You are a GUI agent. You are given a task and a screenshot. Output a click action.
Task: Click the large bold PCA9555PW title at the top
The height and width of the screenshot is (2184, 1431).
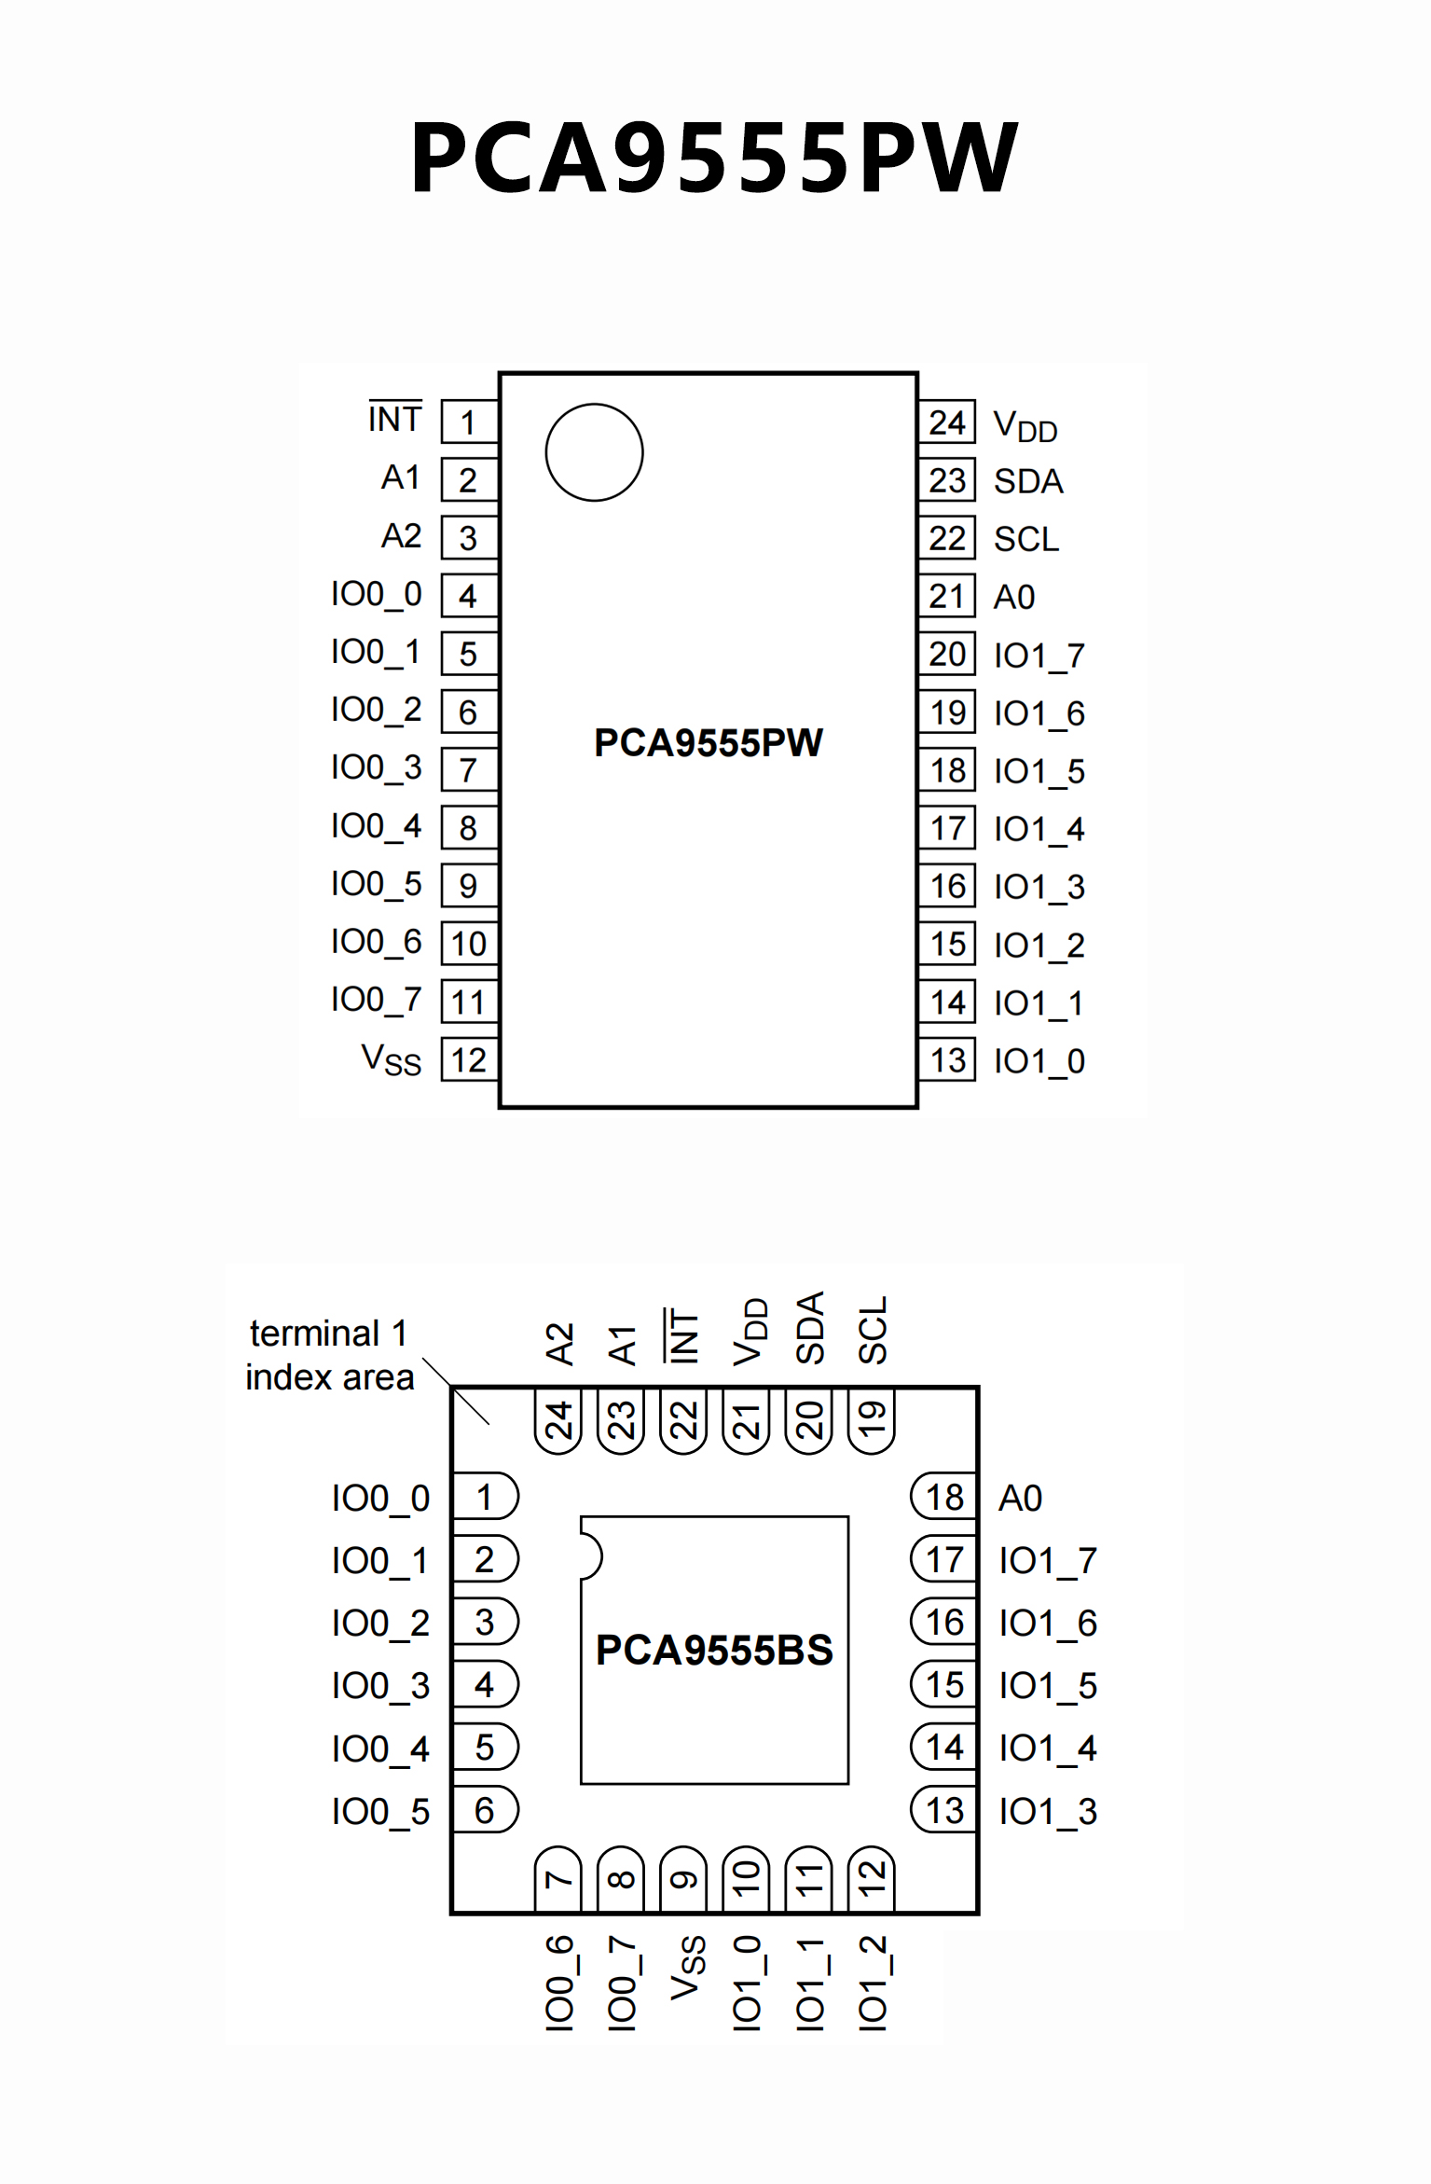click(714, 157)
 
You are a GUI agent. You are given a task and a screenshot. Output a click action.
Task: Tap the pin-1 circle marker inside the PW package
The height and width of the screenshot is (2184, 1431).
click(594, 452)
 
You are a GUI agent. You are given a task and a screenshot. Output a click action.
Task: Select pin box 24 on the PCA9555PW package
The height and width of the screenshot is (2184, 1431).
click(947, 422)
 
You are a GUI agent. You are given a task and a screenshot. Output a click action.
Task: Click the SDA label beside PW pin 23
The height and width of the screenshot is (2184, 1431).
click(1028, 481)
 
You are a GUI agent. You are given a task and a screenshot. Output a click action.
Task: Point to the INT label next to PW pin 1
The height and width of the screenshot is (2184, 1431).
click(395, 419)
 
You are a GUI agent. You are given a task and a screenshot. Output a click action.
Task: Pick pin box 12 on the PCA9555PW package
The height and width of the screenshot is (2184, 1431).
click(469, 1060)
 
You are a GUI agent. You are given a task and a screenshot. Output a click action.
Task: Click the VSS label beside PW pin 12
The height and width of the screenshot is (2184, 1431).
click(392, 1060)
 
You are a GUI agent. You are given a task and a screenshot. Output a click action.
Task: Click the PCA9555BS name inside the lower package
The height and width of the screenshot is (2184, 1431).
click(714, 1650)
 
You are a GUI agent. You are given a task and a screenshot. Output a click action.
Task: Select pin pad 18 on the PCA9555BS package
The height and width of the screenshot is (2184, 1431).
click(943, 1497)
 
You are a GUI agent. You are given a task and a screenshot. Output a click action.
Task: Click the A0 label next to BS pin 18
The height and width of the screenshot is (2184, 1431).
click(1021, 1498)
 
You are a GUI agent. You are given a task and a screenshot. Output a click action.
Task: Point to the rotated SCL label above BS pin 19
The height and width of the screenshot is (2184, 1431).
click(873, 1330)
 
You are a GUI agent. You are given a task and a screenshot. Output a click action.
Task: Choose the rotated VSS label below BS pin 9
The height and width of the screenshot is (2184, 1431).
click(688, 1968)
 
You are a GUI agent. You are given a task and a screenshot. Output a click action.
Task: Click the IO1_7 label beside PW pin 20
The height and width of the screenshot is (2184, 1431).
click(1039, 656)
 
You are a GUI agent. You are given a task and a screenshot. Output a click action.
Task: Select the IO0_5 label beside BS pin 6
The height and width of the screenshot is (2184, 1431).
click(380, 1811)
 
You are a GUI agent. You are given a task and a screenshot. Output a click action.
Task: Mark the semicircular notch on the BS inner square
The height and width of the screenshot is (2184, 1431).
click(591, 1556)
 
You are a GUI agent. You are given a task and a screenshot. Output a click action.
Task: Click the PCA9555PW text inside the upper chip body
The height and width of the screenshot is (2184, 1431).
click(709, 742)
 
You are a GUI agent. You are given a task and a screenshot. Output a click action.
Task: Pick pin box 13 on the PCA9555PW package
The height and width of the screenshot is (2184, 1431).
click(947, 1060)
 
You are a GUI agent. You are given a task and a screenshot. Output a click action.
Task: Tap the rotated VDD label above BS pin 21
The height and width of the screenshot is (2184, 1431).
click(750, 1332)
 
